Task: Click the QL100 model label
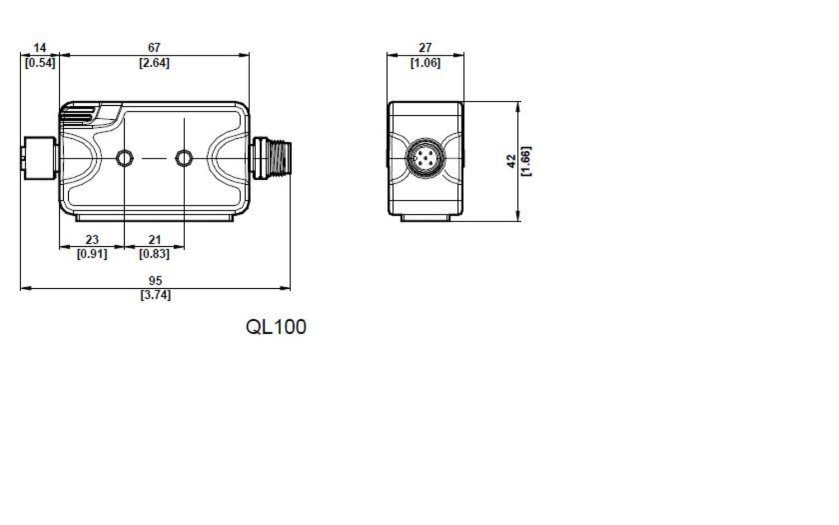pyautogui.click(x=276, y=327)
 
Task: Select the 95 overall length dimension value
pyautogui.click(x=155, y=280)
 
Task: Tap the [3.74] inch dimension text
pyautogui.click(x=155, y=295)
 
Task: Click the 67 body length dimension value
pyautogui.click(x=154, y=48)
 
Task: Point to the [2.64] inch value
pyautogui.click(x=154, y=63)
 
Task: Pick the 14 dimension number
pyautogui.click(x=40, y=48)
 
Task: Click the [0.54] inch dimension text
pyautogui.click(x=40, y=63)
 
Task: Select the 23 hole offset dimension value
pyautogui.click(x=92, y=240)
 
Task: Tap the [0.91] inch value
pyautogui.click(x=92, y=254)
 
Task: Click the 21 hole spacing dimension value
pyautogui.click(x=154, y=240)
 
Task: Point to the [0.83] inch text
pyautogui.click(x=154, y=254)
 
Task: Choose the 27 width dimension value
pyautogui.click(x=425, y=48)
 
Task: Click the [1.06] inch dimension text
pyautogui.click(x=425, y=63)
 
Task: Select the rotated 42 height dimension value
pyautogui.click(x=511, y=161)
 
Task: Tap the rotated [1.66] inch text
pyautogui.click(x=526, y=161)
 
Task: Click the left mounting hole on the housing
pyautogui.click(x=124, y=158)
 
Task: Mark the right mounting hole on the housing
pyautogui.click(x=183, y=158)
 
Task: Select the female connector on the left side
pyautogui.click(x=39, y=158)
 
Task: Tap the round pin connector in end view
pyautogui.click(x=426, y=159)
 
